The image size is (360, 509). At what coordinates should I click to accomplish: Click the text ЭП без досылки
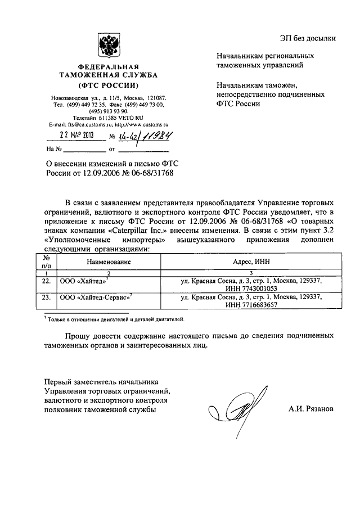pos(309,39)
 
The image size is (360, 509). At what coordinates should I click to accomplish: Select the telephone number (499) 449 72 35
pos(86,105)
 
